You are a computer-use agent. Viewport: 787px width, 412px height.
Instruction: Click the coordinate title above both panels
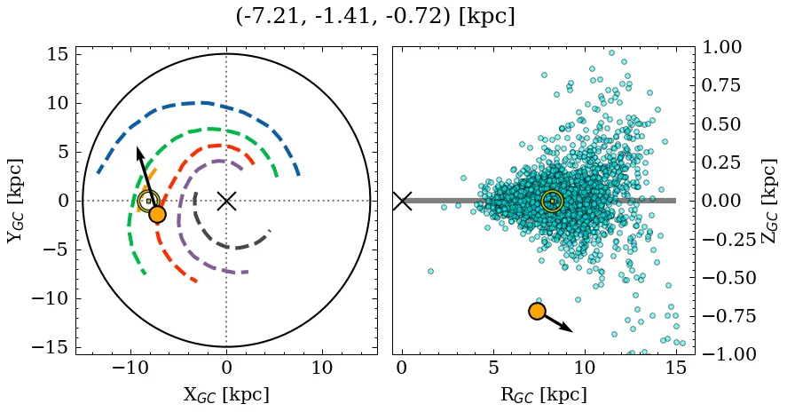click(375, 17)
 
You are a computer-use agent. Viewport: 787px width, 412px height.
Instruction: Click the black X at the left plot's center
click(226, 201)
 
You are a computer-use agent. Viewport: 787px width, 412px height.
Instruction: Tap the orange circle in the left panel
click(157, 214)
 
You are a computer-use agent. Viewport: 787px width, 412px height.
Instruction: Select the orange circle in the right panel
click(536, 311)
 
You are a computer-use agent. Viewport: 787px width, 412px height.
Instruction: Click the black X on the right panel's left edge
click(402, 201)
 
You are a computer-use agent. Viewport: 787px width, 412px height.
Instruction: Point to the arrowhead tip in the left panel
click(138, 147)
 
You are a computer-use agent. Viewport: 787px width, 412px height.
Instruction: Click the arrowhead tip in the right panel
click(572, 331)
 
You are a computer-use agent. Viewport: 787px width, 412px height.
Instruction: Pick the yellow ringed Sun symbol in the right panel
click(552, 202)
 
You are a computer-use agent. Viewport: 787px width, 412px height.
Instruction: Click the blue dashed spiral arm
click(204, 103)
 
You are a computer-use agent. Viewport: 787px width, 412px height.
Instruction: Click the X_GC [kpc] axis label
click(226, 394)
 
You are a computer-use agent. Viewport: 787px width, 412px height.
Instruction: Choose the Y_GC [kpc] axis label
click(15, 201)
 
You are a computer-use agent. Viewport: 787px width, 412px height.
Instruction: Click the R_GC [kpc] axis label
click(543, 394)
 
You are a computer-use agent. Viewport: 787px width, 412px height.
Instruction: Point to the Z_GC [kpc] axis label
click(770, 201)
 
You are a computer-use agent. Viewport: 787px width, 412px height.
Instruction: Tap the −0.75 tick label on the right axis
click(729, 316)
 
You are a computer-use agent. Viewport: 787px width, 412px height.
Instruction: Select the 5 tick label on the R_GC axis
click(493, 368)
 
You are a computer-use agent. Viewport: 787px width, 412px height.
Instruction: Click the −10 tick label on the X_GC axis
click(128, 368)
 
